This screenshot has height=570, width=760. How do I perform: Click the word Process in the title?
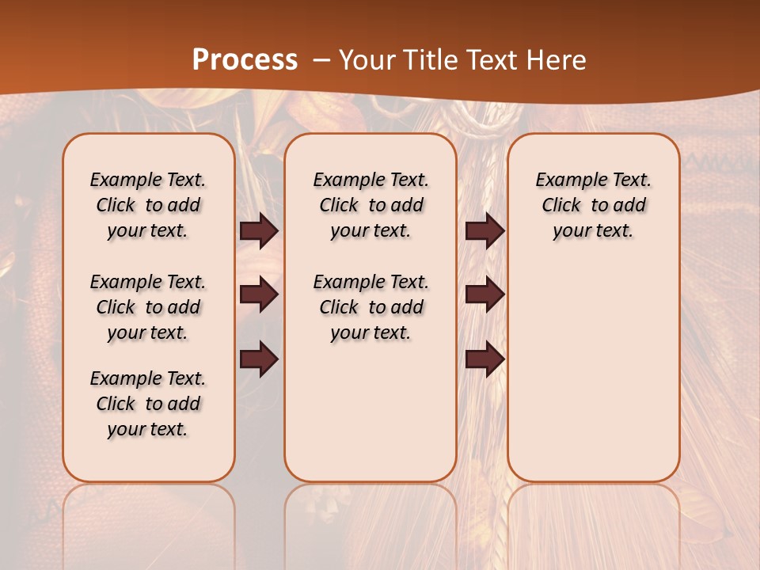click(x=245, y=60)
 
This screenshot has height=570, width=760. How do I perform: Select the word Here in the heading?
click(x=556, y=60)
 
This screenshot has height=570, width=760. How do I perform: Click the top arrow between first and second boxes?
click(x=259, y=231)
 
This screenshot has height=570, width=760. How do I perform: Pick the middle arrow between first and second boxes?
click(x=259, y=294)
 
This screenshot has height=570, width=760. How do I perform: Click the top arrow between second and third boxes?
click(x=484, y=231)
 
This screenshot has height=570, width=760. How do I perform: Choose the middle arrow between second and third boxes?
click(x=484, y=294)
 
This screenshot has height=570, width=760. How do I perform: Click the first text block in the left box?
click(x=148, y=205)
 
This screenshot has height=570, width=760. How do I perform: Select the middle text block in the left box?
click(x=148, y=307)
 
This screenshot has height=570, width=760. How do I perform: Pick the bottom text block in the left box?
click(x=148, y=404)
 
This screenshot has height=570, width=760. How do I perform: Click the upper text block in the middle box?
click(x=370, y=205)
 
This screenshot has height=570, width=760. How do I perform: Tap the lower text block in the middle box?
click(x=370, y=307)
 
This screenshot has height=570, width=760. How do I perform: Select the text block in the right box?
click(x=593, y=205)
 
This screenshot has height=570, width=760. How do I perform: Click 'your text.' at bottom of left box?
click(x=148, y=429)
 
